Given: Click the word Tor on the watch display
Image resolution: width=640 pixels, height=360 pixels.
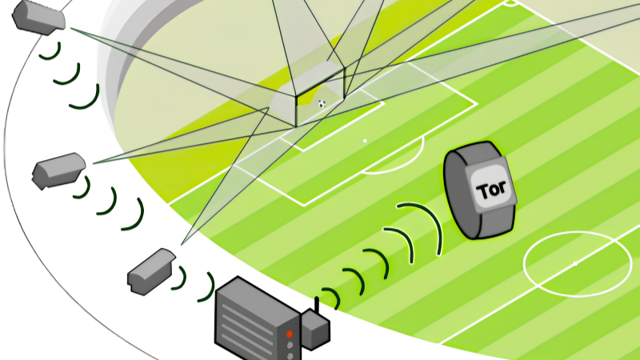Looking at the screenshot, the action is click(491, 190).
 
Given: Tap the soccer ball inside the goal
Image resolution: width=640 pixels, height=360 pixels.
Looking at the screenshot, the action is click(322, 104).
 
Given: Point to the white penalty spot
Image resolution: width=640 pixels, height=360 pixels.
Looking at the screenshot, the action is click(365, 142).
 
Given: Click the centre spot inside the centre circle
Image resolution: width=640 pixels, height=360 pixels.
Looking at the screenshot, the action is click(575, 264).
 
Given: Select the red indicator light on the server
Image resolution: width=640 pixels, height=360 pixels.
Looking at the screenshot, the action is click(290, 334).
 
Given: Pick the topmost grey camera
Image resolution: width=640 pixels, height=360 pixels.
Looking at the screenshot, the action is click(38, 17).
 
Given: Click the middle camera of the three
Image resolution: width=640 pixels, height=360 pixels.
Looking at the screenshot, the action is click(59, 170).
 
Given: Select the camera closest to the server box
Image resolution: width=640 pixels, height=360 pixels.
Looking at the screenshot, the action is click(151, 270).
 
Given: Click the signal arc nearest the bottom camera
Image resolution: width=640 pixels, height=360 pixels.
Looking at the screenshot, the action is click(182, 278).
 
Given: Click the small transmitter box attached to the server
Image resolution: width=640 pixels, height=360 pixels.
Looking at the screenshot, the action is click(315, 329).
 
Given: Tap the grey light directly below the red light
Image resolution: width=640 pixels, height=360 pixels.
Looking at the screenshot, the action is click(290, 346).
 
